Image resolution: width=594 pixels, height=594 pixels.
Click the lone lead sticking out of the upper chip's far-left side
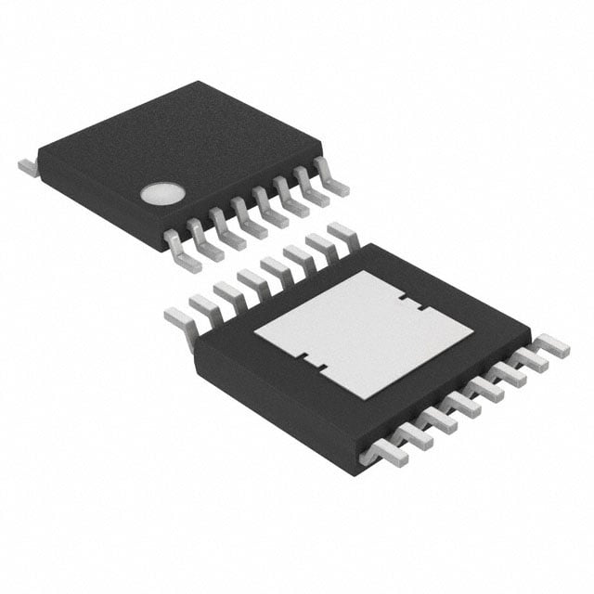[27, 166]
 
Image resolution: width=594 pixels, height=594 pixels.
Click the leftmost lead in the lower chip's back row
[179, 318]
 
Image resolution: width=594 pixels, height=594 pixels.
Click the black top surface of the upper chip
[186, 148]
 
